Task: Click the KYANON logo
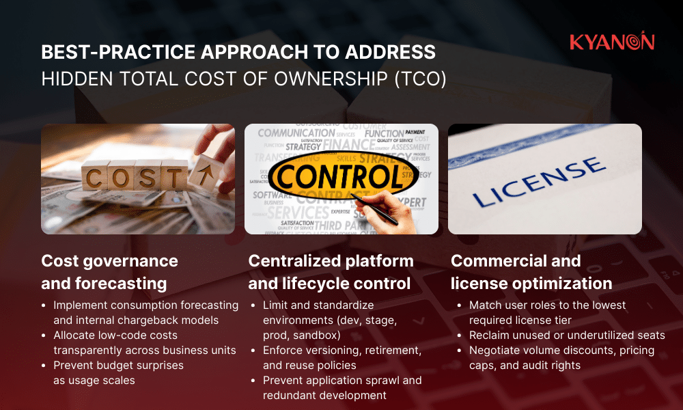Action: coord(611,42)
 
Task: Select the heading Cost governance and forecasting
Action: coord(109,272)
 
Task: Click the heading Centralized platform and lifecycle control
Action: coord(331,272)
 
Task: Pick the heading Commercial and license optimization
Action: coord(531,272)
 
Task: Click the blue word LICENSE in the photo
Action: coord(540,181)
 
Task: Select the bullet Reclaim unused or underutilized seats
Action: coord(567,335)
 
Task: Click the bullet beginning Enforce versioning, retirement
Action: coord(341,357)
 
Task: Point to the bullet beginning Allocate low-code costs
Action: coord(144,342)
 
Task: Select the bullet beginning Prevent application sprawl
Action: coord(341,387)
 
